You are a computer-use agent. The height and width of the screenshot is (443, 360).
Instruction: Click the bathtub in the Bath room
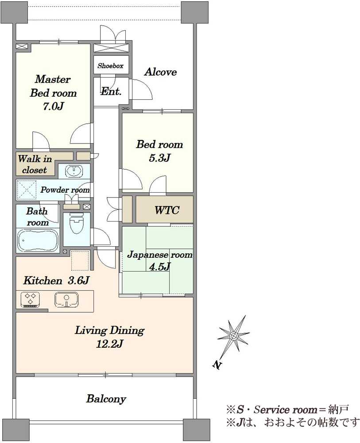coord(38,240)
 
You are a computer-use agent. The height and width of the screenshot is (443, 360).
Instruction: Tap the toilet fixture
coord(76,224)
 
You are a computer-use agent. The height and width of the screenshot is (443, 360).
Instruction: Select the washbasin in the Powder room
coord(74,171)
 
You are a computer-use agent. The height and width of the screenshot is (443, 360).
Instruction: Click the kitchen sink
coord(66,300)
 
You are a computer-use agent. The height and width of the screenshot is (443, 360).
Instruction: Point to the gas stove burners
coord(30,300)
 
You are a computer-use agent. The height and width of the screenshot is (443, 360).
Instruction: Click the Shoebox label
coord(111,66)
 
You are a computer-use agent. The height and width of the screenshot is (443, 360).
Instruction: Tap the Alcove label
coord(161,72)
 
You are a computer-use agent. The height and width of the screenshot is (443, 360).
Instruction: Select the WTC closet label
coord(167,210)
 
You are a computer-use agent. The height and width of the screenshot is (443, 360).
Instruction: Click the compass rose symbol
coord(233,336)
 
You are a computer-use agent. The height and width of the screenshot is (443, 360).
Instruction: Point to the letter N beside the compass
coord(217,365)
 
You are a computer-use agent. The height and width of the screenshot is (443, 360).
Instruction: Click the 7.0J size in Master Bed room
coord(53,106)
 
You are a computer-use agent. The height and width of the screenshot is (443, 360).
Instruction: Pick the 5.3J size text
coord(159,158)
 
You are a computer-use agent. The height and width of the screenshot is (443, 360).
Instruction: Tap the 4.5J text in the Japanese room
coord(159,266)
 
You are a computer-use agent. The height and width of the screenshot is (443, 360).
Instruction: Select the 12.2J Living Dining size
coord(109,344)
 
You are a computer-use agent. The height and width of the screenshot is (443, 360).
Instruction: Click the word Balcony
coord(106,399)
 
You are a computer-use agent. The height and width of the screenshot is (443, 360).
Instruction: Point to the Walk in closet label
coord(35,164)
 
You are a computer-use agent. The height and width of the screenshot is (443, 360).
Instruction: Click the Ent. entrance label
coord(111,91)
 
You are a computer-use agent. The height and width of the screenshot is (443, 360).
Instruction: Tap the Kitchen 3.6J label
coord(57,280)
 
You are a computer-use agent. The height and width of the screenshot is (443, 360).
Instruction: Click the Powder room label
coord(65,190)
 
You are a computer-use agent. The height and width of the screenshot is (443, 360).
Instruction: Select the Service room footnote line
coord(287,409)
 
